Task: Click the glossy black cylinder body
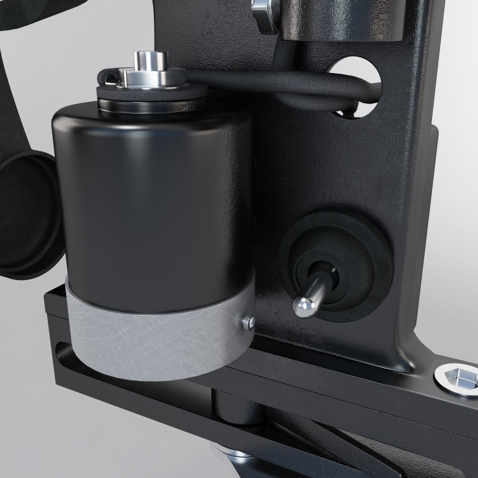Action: (x=150, y=199)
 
